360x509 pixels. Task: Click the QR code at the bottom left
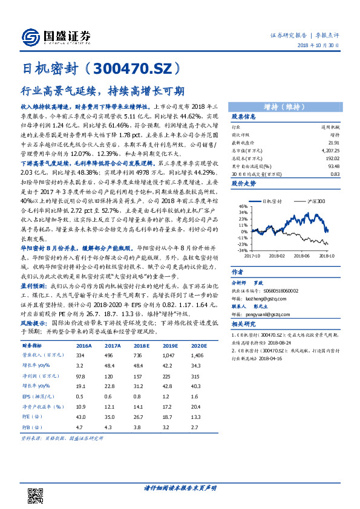tap(36, 490)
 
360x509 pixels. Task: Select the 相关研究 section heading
tap(243, 325)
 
